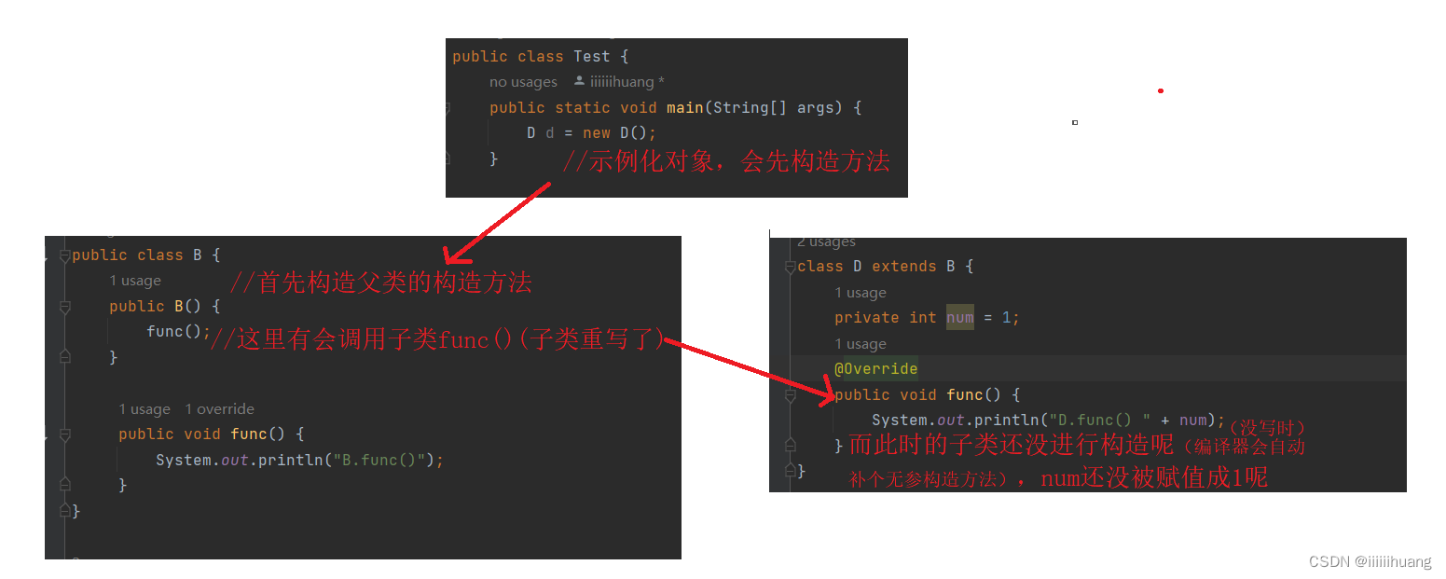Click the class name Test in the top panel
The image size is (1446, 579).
point(591,56)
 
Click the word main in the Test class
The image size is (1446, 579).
point(684,107)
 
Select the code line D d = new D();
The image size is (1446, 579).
point(591,132)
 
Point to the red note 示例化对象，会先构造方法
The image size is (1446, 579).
point(725,161)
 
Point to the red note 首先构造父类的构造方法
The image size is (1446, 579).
point(380,282)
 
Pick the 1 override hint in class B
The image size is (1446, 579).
point(219,408)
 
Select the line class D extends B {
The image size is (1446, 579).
point(885,267)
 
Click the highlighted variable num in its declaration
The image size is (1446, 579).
point(959,317)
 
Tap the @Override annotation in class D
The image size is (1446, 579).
point(875,368)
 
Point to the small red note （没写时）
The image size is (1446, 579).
point(1267,427)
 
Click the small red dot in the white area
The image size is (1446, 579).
point(1161,90)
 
